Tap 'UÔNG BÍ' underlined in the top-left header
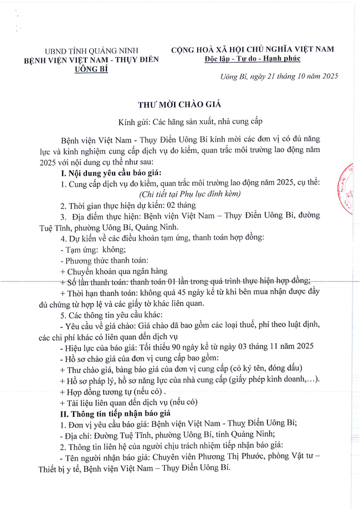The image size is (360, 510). [x=92, y=69]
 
